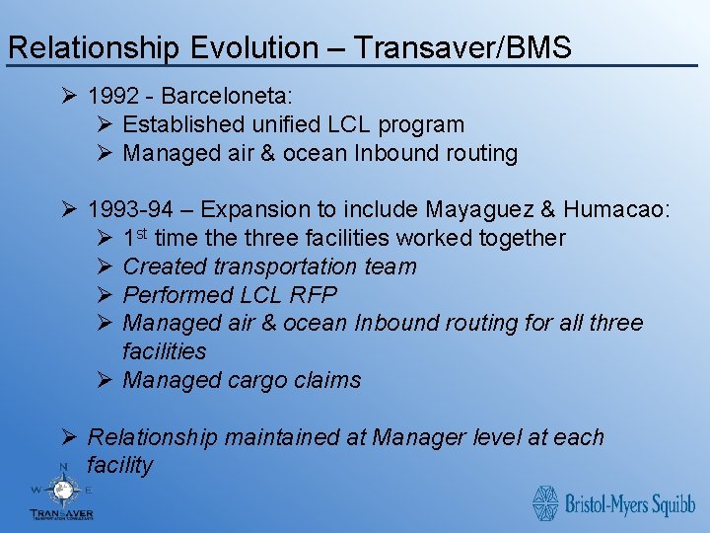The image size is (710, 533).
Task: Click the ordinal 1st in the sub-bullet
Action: pyautogui.click(x=136, y=238)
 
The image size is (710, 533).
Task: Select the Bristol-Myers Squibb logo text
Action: pyautogui.click(x=629, y=505)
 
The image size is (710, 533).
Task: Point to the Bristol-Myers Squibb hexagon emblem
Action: pyautogui.click(x=545, y=503)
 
